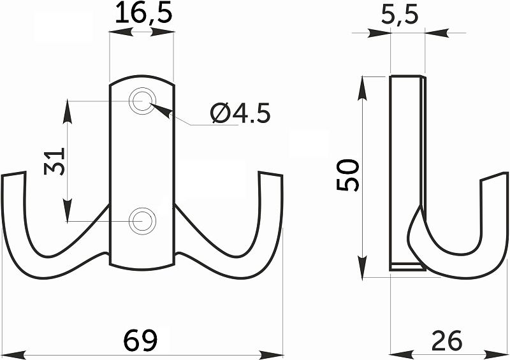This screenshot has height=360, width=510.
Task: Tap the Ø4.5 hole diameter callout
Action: tap(240, 113)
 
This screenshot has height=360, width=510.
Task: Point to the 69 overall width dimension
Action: tap(140, 340)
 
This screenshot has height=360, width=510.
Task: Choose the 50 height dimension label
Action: tap(347, 175)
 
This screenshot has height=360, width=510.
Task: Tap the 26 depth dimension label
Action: tap(447, 340)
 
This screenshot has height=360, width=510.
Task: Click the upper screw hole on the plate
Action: tap(142, 101)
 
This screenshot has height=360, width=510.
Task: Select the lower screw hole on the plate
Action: tap(142, 221)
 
